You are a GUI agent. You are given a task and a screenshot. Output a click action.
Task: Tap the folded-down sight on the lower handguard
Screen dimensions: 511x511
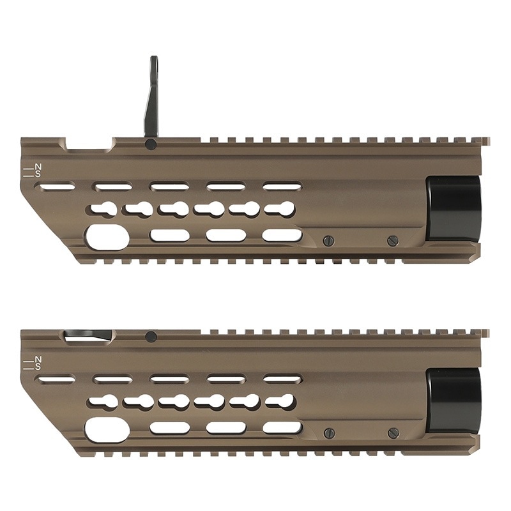[88, 335]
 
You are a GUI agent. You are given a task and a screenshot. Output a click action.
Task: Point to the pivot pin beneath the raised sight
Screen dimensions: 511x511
[151, 144]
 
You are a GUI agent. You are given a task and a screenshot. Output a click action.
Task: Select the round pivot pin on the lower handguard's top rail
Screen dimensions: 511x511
[151, 337]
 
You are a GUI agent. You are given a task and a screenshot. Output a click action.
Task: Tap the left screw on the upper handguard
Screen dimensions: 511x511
[329, 241]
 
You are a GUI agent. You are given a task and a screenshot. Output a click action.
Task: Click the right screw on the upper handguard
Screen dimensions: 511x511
[392, 241]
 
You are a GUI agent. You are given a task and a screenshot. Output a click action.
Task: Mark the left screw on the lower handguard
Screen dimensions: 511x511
[329, 433]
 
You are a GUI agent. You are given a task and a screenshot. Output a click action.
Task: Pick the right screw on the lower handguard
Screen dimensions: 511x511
[392, 433]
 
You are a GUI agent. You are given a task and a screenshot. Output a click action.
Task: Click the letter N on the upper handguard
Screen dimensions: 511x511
[38, 167]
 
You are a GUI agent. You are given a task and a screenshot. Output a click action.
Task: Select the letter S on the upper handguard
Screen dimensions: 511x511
[38, 174]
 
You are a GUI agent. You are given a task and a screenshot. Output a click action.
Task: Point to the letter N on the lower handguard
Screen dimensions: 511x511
[38, 359]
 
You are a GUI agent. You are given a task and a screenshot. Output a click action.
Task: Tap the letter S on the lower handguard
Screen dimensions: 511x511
[38, 367]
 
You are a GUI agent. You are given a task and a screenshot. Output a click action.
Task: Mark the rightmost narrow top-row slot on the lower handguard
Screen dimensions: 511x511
[282, 379]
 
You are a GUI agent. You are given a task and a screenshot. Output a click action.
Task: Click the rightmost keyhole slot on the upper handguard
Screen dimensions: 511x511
[280, 209]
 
